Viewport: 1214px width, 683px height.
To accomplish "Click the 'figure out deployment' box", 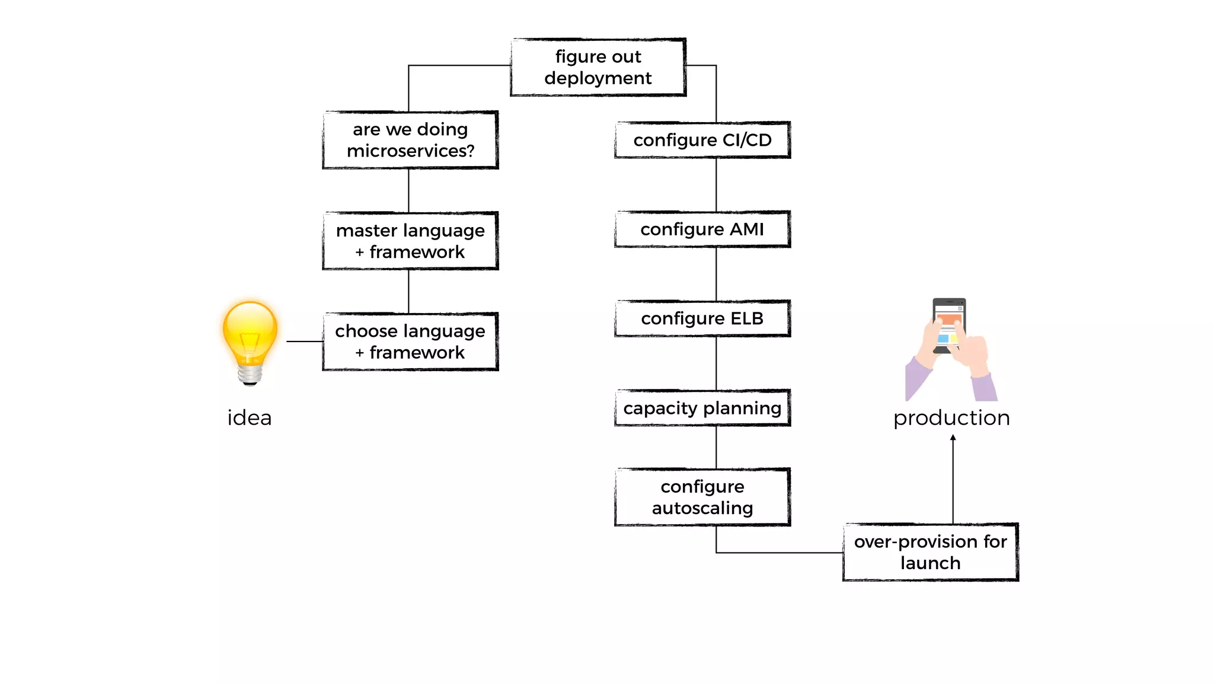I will click(598, 67).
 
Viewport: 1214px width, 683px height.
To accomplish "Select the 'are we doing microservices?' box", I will click(410, 140).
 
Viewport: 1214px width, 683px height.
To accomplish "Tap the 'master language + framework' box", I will click(410, 241).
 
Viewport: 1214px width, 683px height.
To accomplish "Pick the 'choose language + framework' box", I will click(410, 341).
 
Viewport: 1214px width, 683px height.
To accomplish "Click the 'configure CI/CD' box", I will click(702, 140).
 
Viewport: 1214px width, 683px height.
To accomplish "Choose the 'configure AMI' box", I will click(702, 229).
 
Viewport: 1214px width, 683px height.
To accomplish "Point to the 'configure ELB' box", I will click(702, 318).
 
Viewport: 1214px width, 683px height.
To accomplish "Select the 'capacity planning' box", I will click(702, 408).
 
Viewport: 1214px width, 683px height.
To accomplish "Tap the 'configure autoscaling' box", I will click(702, 497).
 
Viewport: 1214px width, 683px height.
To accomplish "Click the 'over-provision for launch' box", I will click(930, 552).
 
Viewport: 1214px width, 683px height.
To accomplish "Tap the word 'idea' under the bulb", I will click(250, 418).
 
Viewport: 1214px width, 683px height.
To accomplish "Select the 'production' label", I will click(951, 418).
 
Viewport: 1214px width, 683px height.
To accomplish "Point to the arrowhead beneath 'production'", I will click(953, 438).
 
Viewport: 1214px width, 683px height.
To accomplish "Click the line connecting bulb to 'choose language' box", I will click(305, 341).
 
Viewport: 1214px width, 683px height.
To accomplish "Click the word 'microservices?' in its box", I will click(410, 151).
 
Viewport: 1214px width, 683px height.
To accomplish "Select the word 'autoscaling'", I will click(702, 508).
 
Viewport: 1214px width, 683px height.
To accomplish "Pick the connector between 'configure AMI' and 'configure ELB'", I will click(716, 274).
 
